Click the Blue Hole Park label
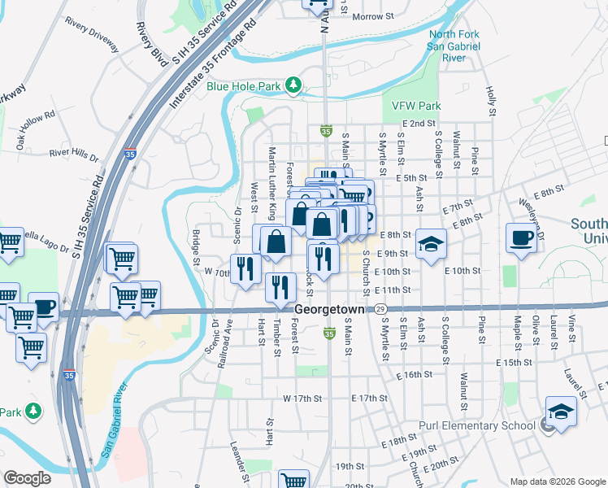point(243,85)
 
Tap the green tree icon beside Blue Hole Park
point(293,85)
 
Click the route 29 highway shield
point(380,309)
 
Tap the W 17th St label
point(302,399)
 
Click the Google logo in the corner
point(28,478)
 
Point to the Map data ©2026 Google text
point(558,481)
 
